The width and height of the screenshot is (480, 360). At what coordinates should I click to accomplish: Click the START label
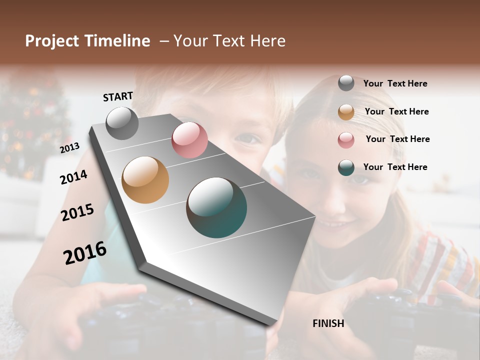[118, 96]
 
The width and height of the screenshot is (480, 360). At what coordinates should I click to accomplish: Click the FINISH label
[328, 323]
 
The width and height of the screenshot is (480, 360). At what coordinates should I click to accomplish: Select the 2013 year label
[70, 147]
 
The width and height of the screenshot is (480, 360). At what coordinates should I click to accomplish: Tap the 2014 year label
[73, 177]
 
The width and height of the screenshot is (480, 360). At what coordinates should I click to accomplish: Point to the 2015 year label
[77, 212]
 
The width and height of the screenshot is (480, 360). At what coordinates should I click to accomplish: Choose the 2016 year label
[85, 252]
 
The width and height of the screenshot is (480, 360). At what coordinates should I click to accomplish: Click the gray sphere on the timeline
[122, 123]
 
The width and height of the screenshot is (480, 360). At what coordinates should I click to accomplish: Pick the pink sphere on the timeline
[189, 140]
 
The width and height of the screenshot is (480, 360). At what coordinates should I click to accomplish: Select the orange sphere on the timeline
[145, 180]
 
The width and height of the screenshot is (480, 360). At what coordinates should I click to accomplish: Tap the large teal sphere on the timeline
[216, 207]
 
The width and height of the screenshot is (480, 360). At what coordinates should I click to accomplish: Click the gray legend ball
[346, 83]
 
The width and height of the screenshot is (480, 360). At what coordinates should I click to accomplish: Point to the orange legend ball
[346, 112]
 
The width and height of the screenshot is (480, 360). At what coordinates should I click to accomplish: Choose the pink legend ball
[346, 139]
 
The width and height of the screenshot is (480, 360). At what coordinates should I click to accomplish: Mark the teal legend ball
[346, 167]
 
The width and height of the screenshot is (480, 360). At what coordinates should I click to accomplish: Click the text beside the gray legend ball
[395, 83]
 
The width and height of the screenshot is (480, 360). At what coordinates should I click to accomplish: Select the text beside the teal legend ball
[395, 167]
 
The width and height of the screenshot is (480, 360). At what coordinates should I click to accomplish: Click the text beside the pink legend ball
[397, 139]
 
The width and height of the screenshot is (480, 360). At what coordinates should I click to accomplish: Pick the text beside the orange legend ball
[396, 111]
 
